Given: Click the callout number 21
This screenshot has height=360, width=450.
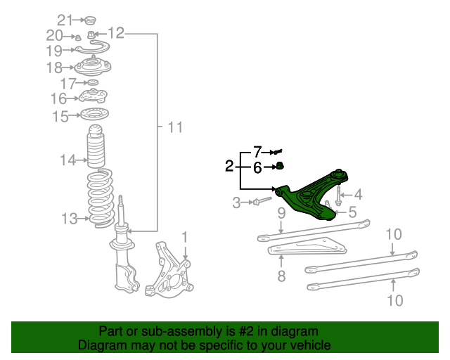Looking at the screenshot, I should point(65,19).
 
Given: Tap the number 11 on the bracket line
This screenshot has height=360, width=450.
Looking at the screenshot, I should point(174,127).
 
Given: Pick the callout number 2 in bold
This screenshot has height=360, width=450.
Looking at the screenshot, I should point(229,167).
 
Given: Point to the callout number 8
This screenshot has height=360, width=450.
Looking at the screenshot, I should point(281,276).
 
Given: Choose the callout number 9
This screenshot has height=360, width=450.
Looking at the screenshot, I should point(281,212).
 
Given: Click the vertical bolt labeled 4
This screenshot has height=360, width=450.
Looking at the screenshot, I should point(339,195).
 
